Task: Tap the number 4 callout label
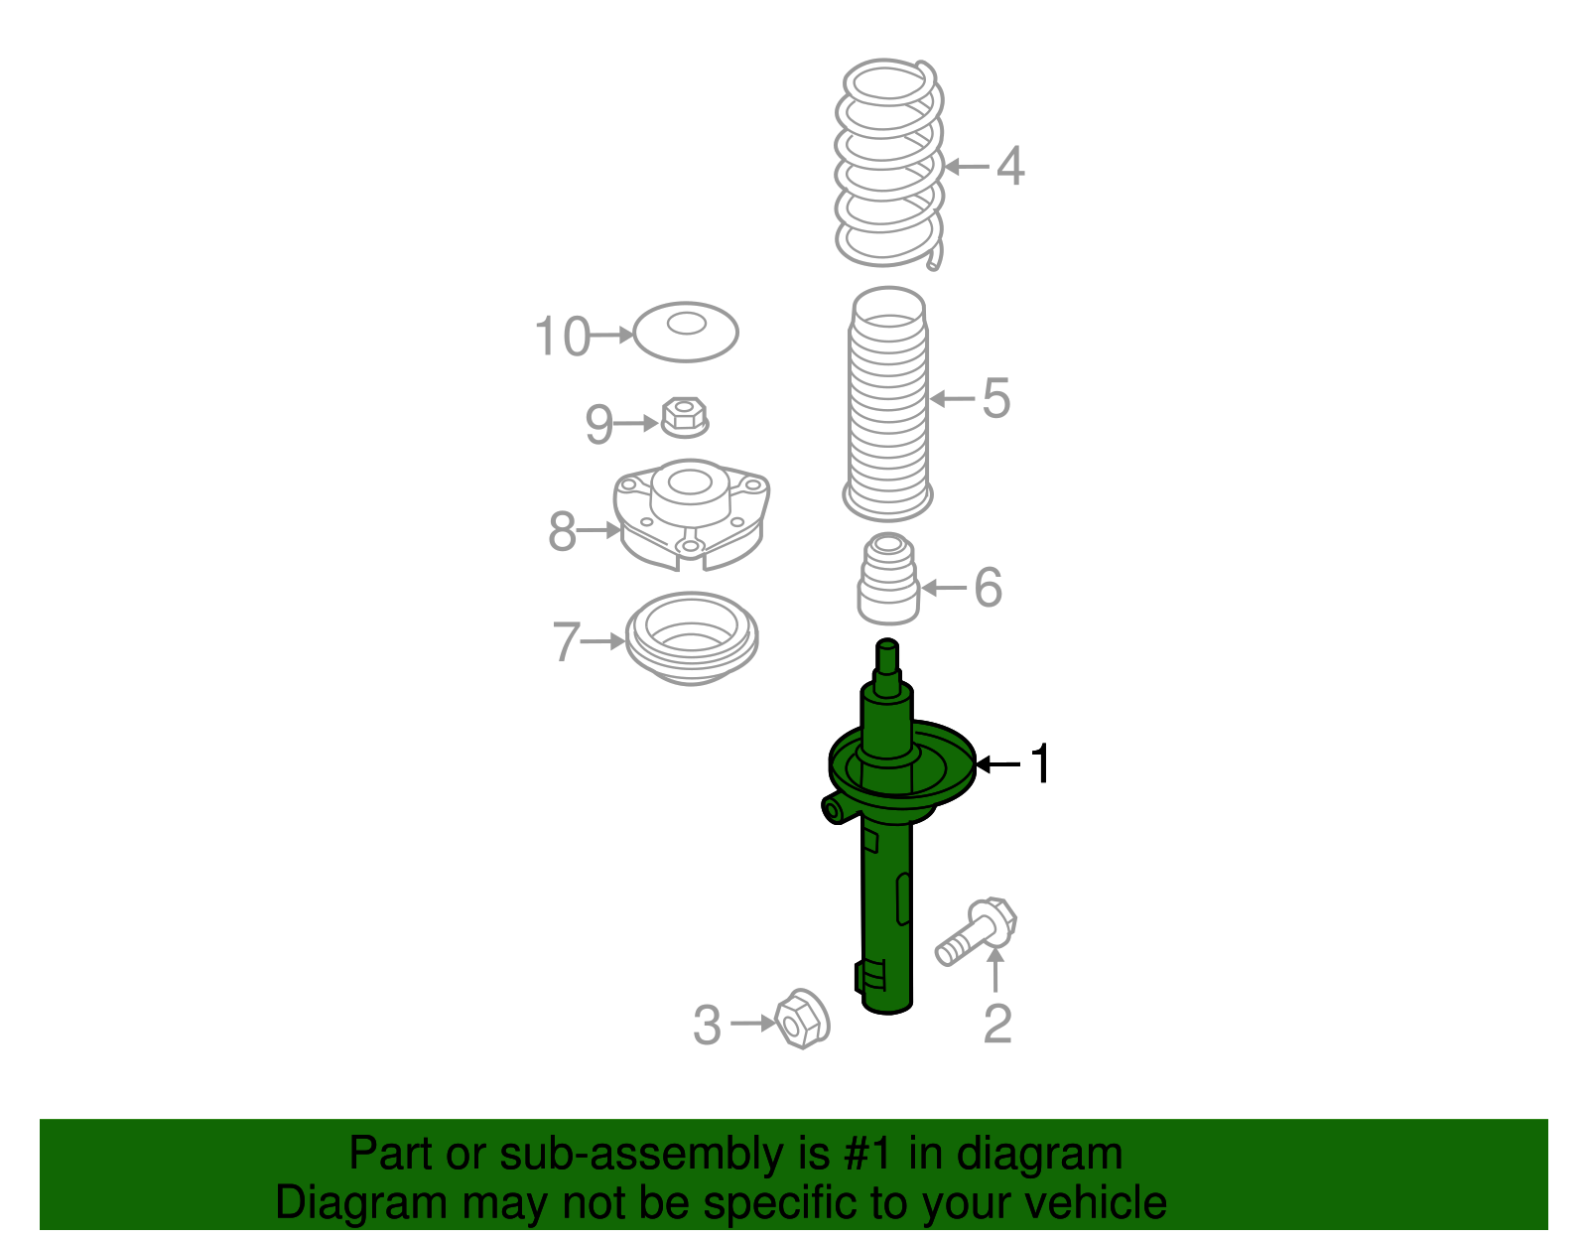tap(1009, 167)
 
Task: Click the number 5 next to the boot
tap(995, 399)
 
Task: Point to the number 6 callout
tap(988, 588)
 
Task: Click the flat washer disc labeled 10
tap(686, 332)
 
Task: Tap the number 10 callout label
tap(563, 337)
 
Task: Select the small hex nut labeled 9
tap(684, 416)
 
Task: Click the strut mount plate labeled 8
tap(692, 516)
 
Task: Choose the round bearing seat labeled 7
tap(692, 637)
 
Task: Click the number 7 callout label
tap(565, 642)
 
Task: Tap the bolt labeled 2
tap(978, 930)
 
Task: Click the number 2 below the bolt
tap(996, 1025)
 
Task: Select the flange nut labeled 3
tap(801, 1019)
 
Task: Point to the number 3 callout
tap(707, 1026)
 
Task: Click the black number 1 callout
tap(1039, 764)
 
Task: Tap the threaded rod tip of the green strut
tap(887, 656)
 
